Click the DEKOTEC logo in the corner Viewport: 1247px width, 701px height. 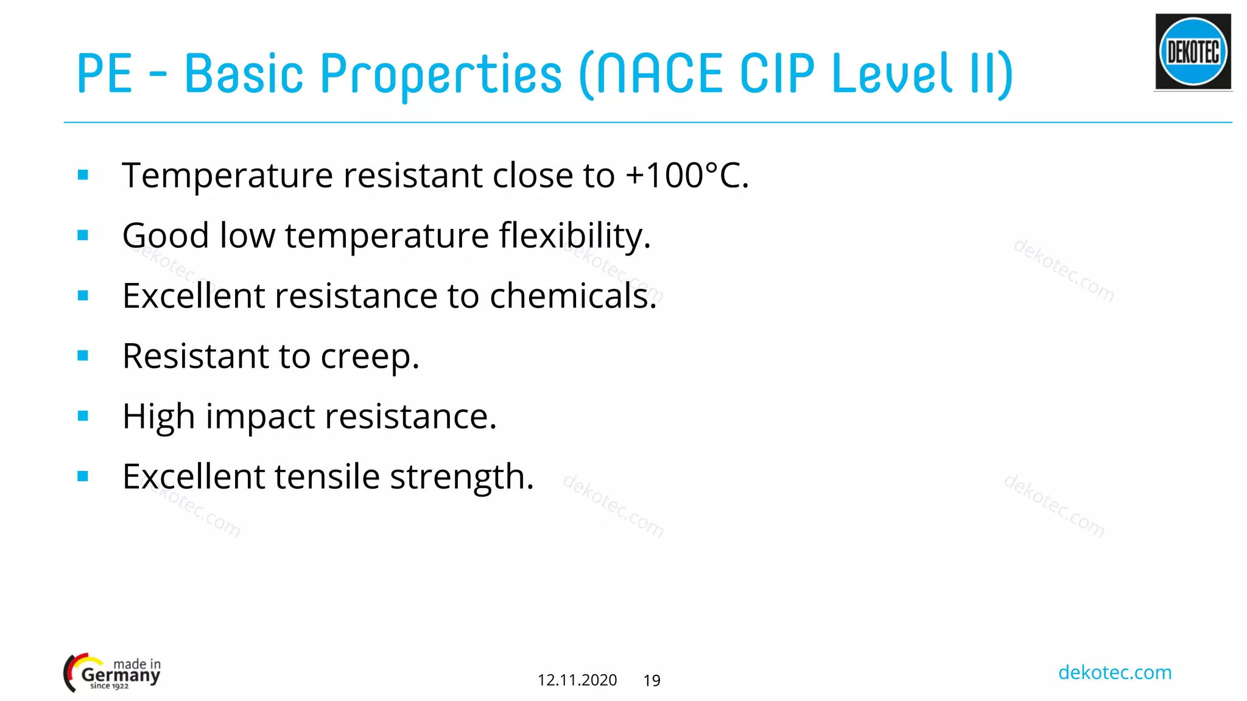(x=1193, y=52)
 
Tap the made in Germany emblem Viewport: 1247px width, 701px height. (x=113, y=672)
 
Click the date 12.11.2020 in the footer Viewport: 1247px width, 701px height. (x=577, y=680)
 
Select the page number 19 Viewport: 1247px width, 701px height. (x=652, y=681)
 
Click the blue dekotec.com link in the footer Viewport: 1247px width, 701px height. (x=1114, y=672)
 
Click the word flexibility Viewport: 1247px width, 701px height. (x=574, y=236)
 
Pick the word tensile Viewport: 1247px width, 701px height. (x=327, y=476)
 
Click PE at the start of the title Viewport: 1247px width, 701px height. (x=104, y=74)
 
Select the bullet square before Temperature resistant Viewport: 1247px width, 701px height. (x=83, y=176)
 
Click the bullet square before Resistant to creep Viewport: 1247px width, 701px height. (x=83, y=356)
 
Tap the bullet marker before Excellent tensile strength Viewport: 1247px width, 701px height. (x=83, y=476)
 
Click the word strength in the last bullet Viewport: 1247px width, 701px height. (x=462, y=478)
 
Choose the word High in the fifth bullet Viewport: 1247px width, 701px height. (x=158, y=418)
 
